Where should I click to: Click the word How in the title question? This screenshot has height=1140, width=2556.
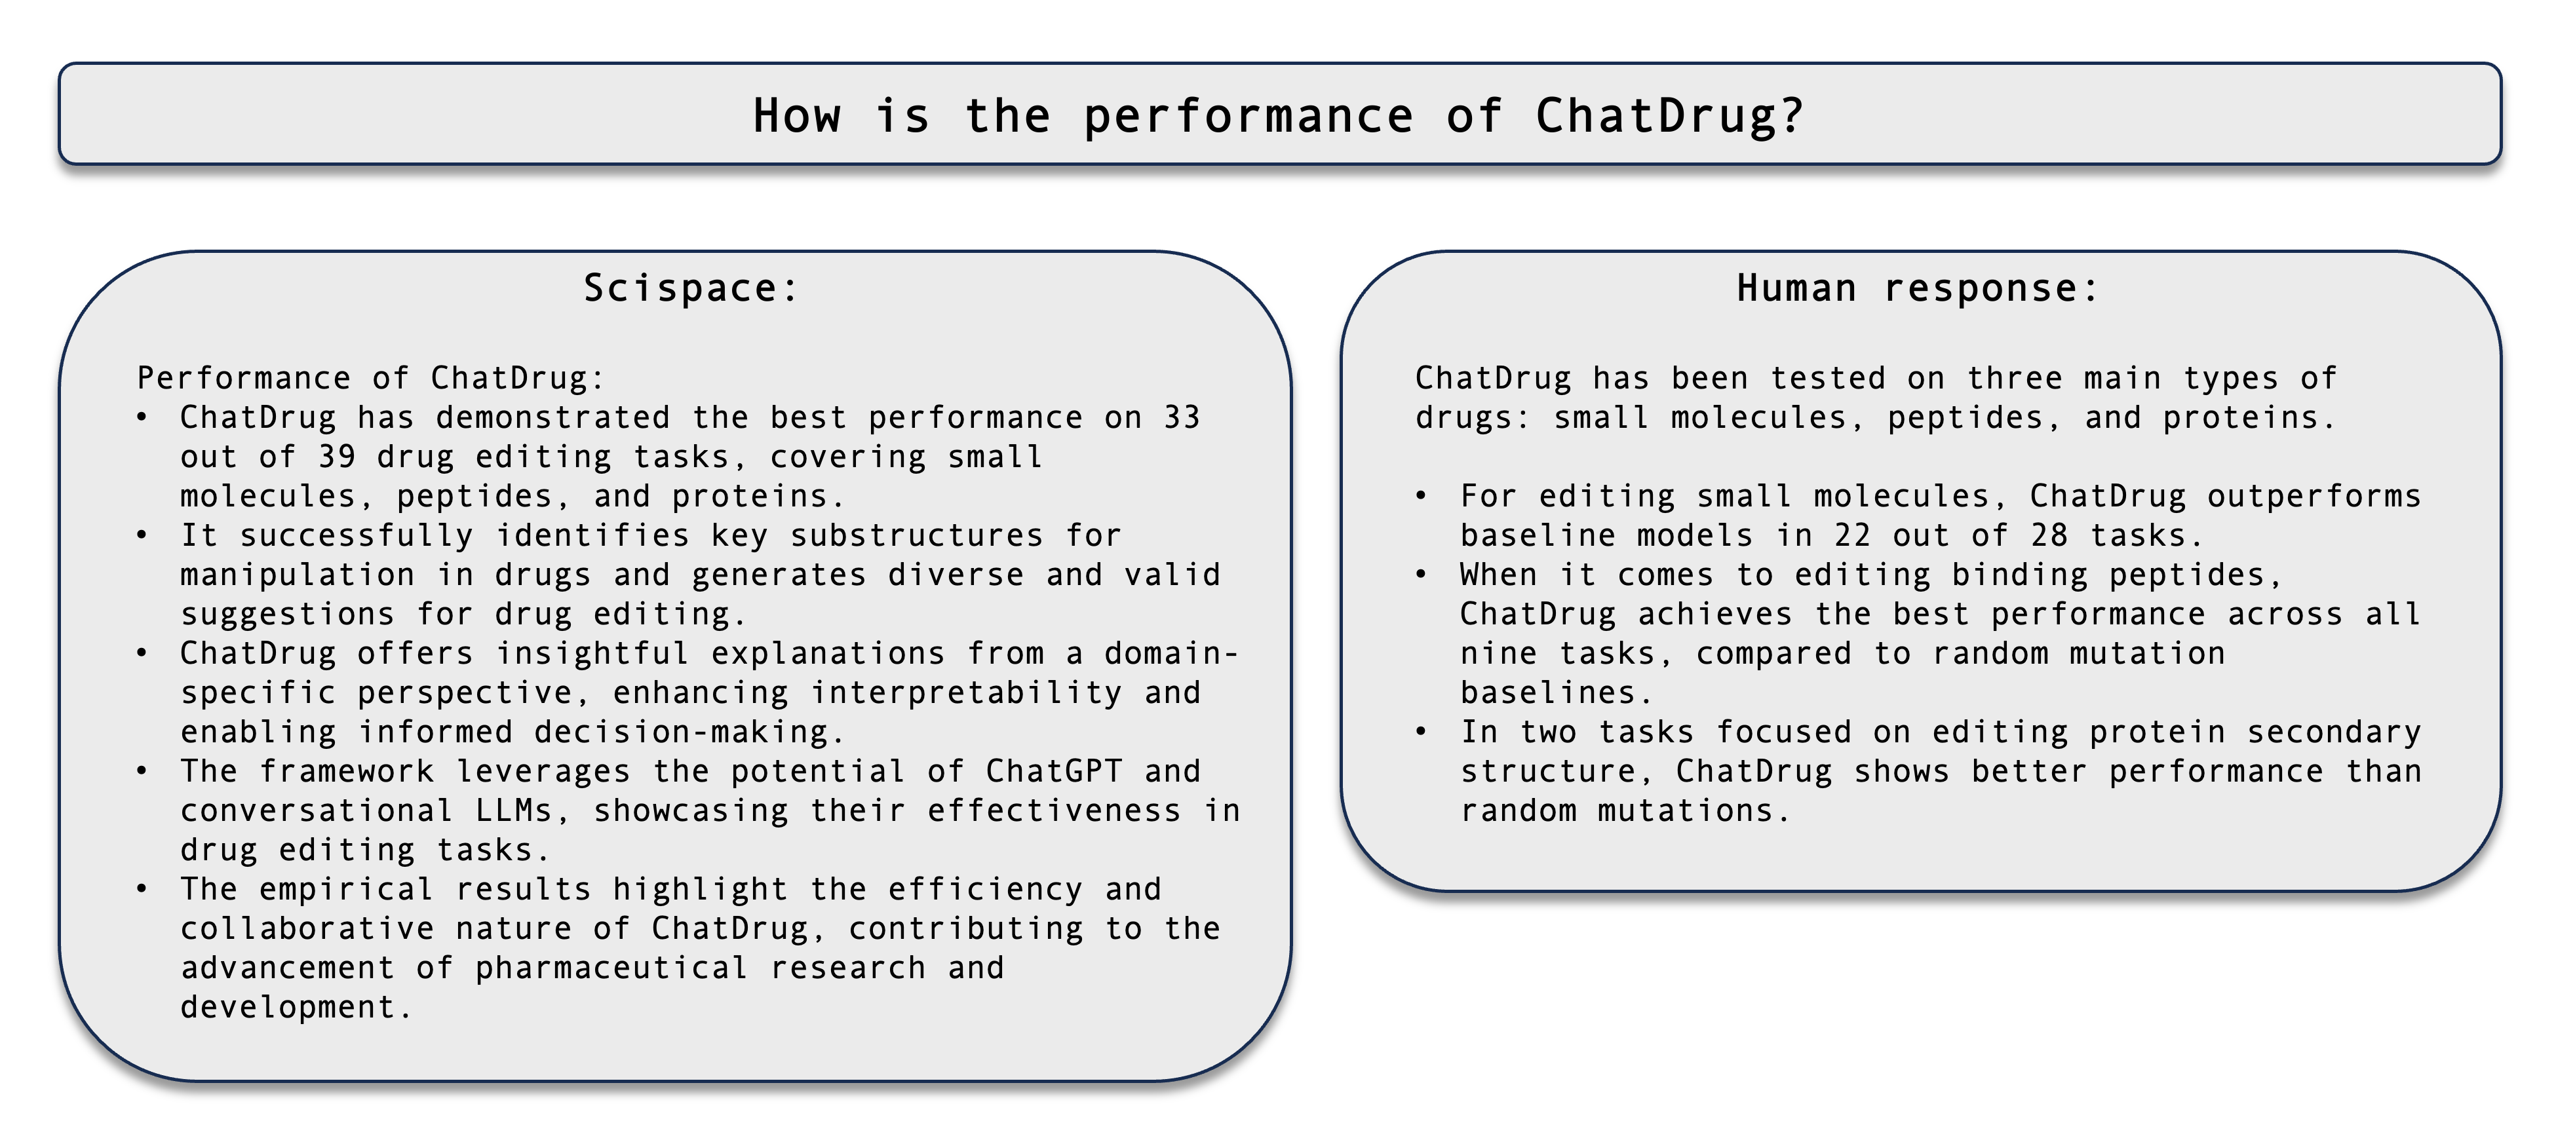[797, 115]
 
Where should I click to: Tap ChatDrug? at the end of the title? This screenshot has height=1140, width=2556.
[1669, 116]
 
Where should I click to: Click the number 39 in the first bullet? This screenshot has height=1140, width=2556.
[338, 457]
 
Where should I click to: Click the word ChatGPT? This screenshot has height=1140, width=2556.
[1054, 771]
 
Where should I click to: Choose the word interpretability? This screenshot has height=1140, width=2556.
[967, 693]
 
